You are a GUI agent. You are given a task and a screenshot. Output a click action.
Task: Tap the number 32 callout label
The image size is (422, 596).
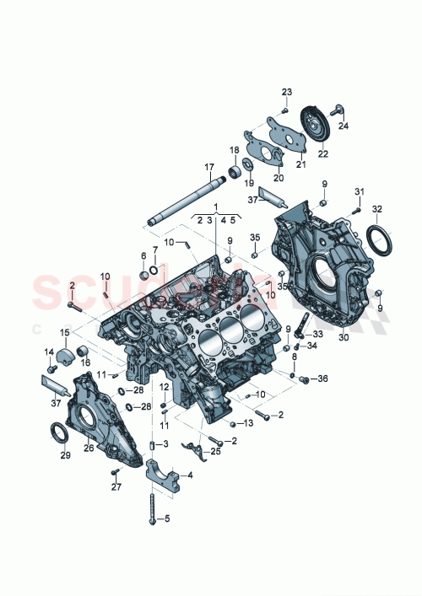click(x=376, y=209)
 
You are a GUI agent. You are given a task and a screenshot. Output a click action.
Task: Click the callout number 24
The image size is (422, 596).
click(x=344, y=126)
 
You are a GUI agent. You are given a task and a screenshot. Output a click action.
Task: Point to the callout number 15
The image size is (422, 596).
click(x=64, y=332)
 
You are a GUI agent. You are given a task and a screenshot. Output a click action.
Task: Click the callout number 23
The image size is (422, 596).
click(x=286, y=91)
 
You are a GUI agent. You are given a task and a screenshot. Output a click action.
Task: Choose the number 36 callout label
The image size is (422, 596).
click(x=322, y=379)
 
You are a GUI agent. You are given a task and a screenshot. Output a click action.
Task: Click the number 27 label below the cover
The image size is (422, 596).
click(x=116, y=486)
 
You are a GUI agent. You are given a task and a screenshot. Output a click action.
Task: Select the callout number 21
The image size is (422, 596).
click(x=301, y=165)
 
